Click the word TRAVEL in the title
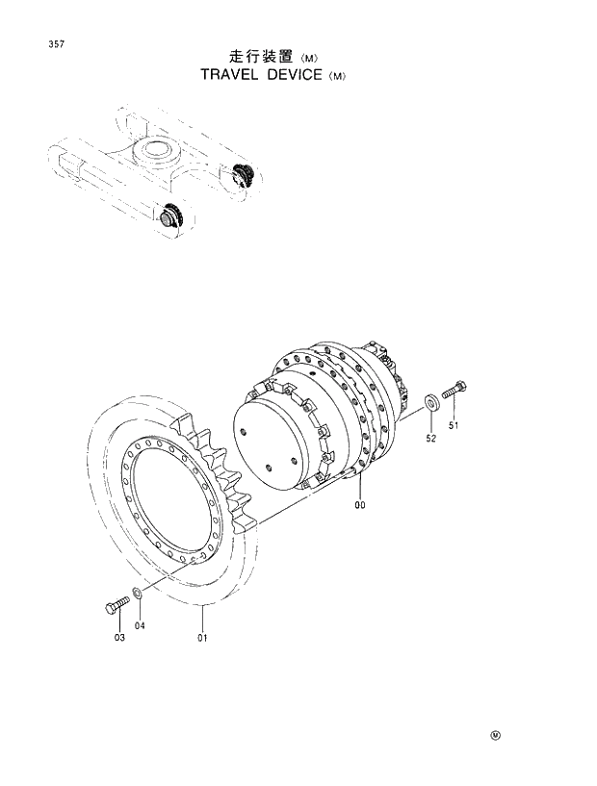click(234, 74)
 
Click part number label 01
click(203, 637)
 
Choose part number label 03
click(119, 636)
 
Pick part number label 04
click(140, 626)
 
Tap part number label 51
click(453, 426)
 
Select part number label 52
click(431, 439)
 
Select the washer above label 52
click(428, 400)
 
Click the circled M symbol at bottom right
click(495, 737)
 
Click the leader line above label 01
click(203, 617)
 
